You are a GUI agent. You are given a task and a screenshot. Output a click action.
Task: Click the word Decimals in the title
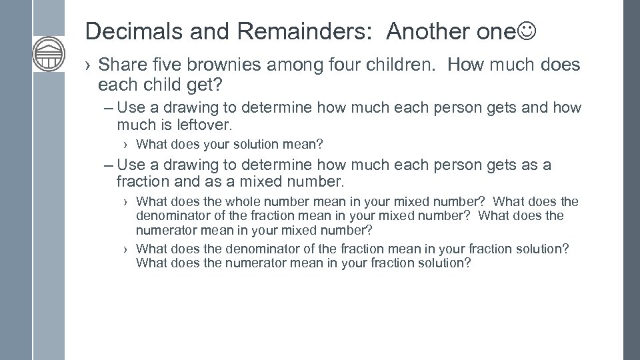[123, 31]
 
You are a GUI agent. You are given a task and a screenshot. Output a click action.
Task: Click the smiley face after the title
[525, 31]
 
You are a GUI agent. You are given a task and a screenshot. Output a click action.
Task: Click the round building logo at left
[49, 54]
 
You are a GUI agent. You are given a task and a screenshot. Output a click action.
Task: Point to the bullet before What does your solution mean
[126, 144]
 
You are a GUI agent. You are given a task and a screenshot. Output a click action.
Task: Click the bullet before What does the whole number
[126, 201]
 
